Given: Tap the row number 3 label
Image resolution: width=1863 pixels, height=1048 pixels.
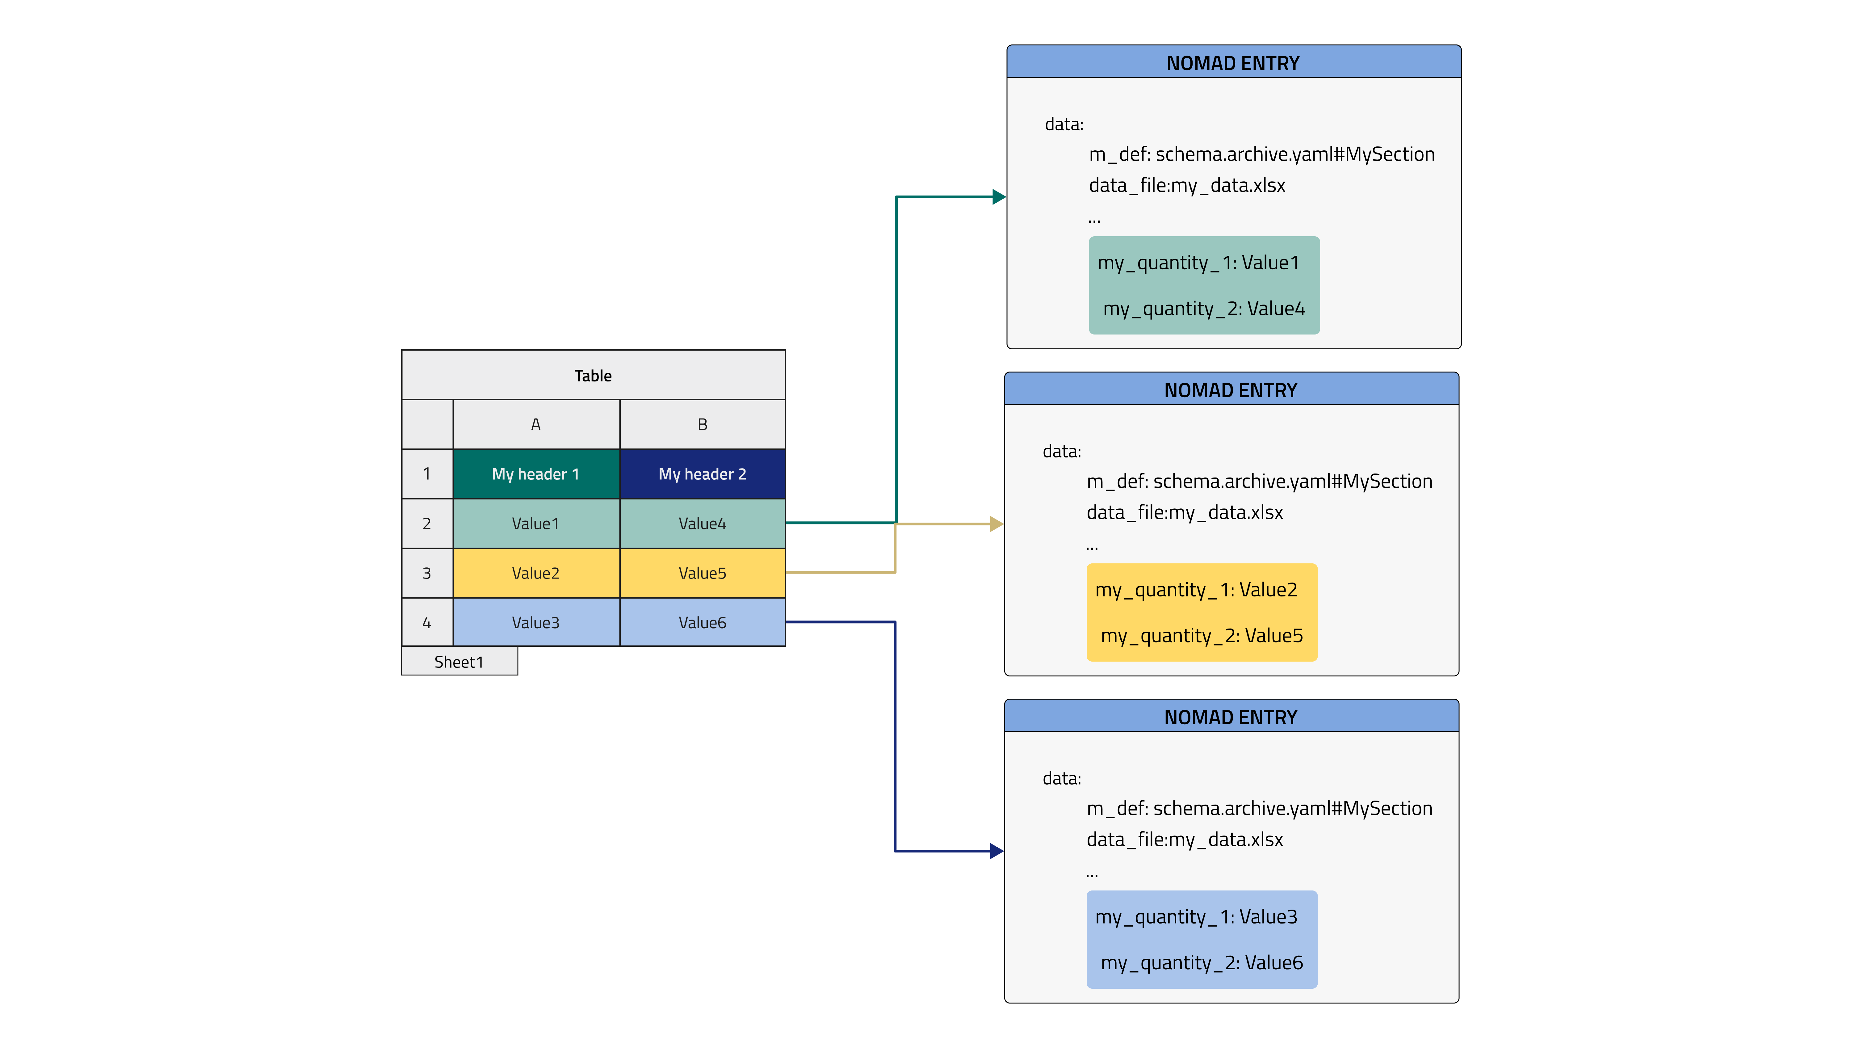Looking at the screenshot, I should tap(427, 573).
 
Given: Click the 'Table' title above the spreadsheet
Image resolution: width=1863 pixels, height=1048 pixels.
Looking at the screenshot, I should tap(593, 375).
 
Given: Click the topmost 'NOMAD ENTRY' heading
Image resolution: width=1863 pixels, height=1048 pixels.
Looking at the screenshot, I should tap(1233, 63).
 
